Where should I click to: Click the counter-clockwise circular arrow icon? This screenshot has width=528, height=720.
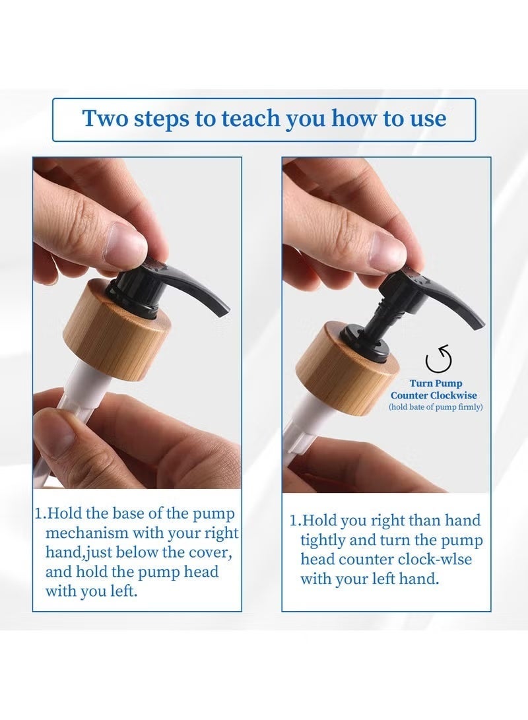(438, 359)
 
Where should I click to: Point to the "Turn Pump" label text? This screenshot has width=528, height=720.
(436, 383)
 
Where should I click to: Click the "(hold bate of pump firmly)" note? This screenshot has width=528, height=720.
(436, 407)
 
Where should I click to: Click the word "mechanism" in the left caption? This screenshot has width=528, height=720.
(87, 533)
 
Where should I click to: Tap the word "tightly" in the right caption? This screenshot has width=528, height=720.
(323, 540)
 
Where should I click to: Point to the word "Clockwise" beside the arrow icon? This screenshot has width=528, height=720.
(453, 395)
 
